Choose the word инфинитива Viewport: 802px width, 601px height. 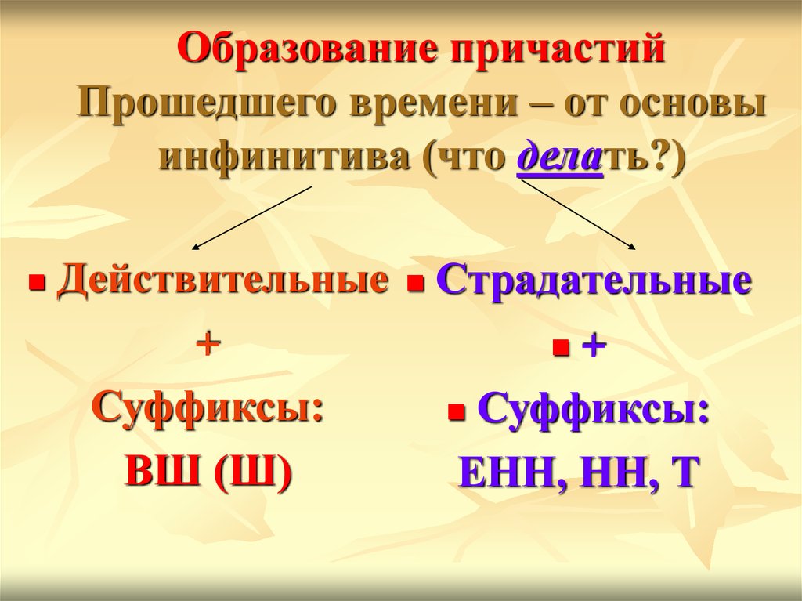pos(284,155)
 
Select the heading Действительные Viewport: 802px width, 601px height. pos(222,281)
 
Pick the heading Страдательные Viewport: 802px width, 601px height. pos(594,281)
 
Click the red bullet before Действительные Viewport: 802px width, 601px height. pos(36,283)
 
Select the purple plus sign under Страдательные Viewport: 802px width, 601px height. pos(594,347)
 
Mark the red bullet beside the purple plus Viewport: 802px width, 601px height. pos(561,349)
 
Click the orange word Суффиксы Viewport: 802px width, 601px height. pos(208,408)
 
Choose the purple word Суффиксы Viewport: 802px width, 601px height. pos(594,409)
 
